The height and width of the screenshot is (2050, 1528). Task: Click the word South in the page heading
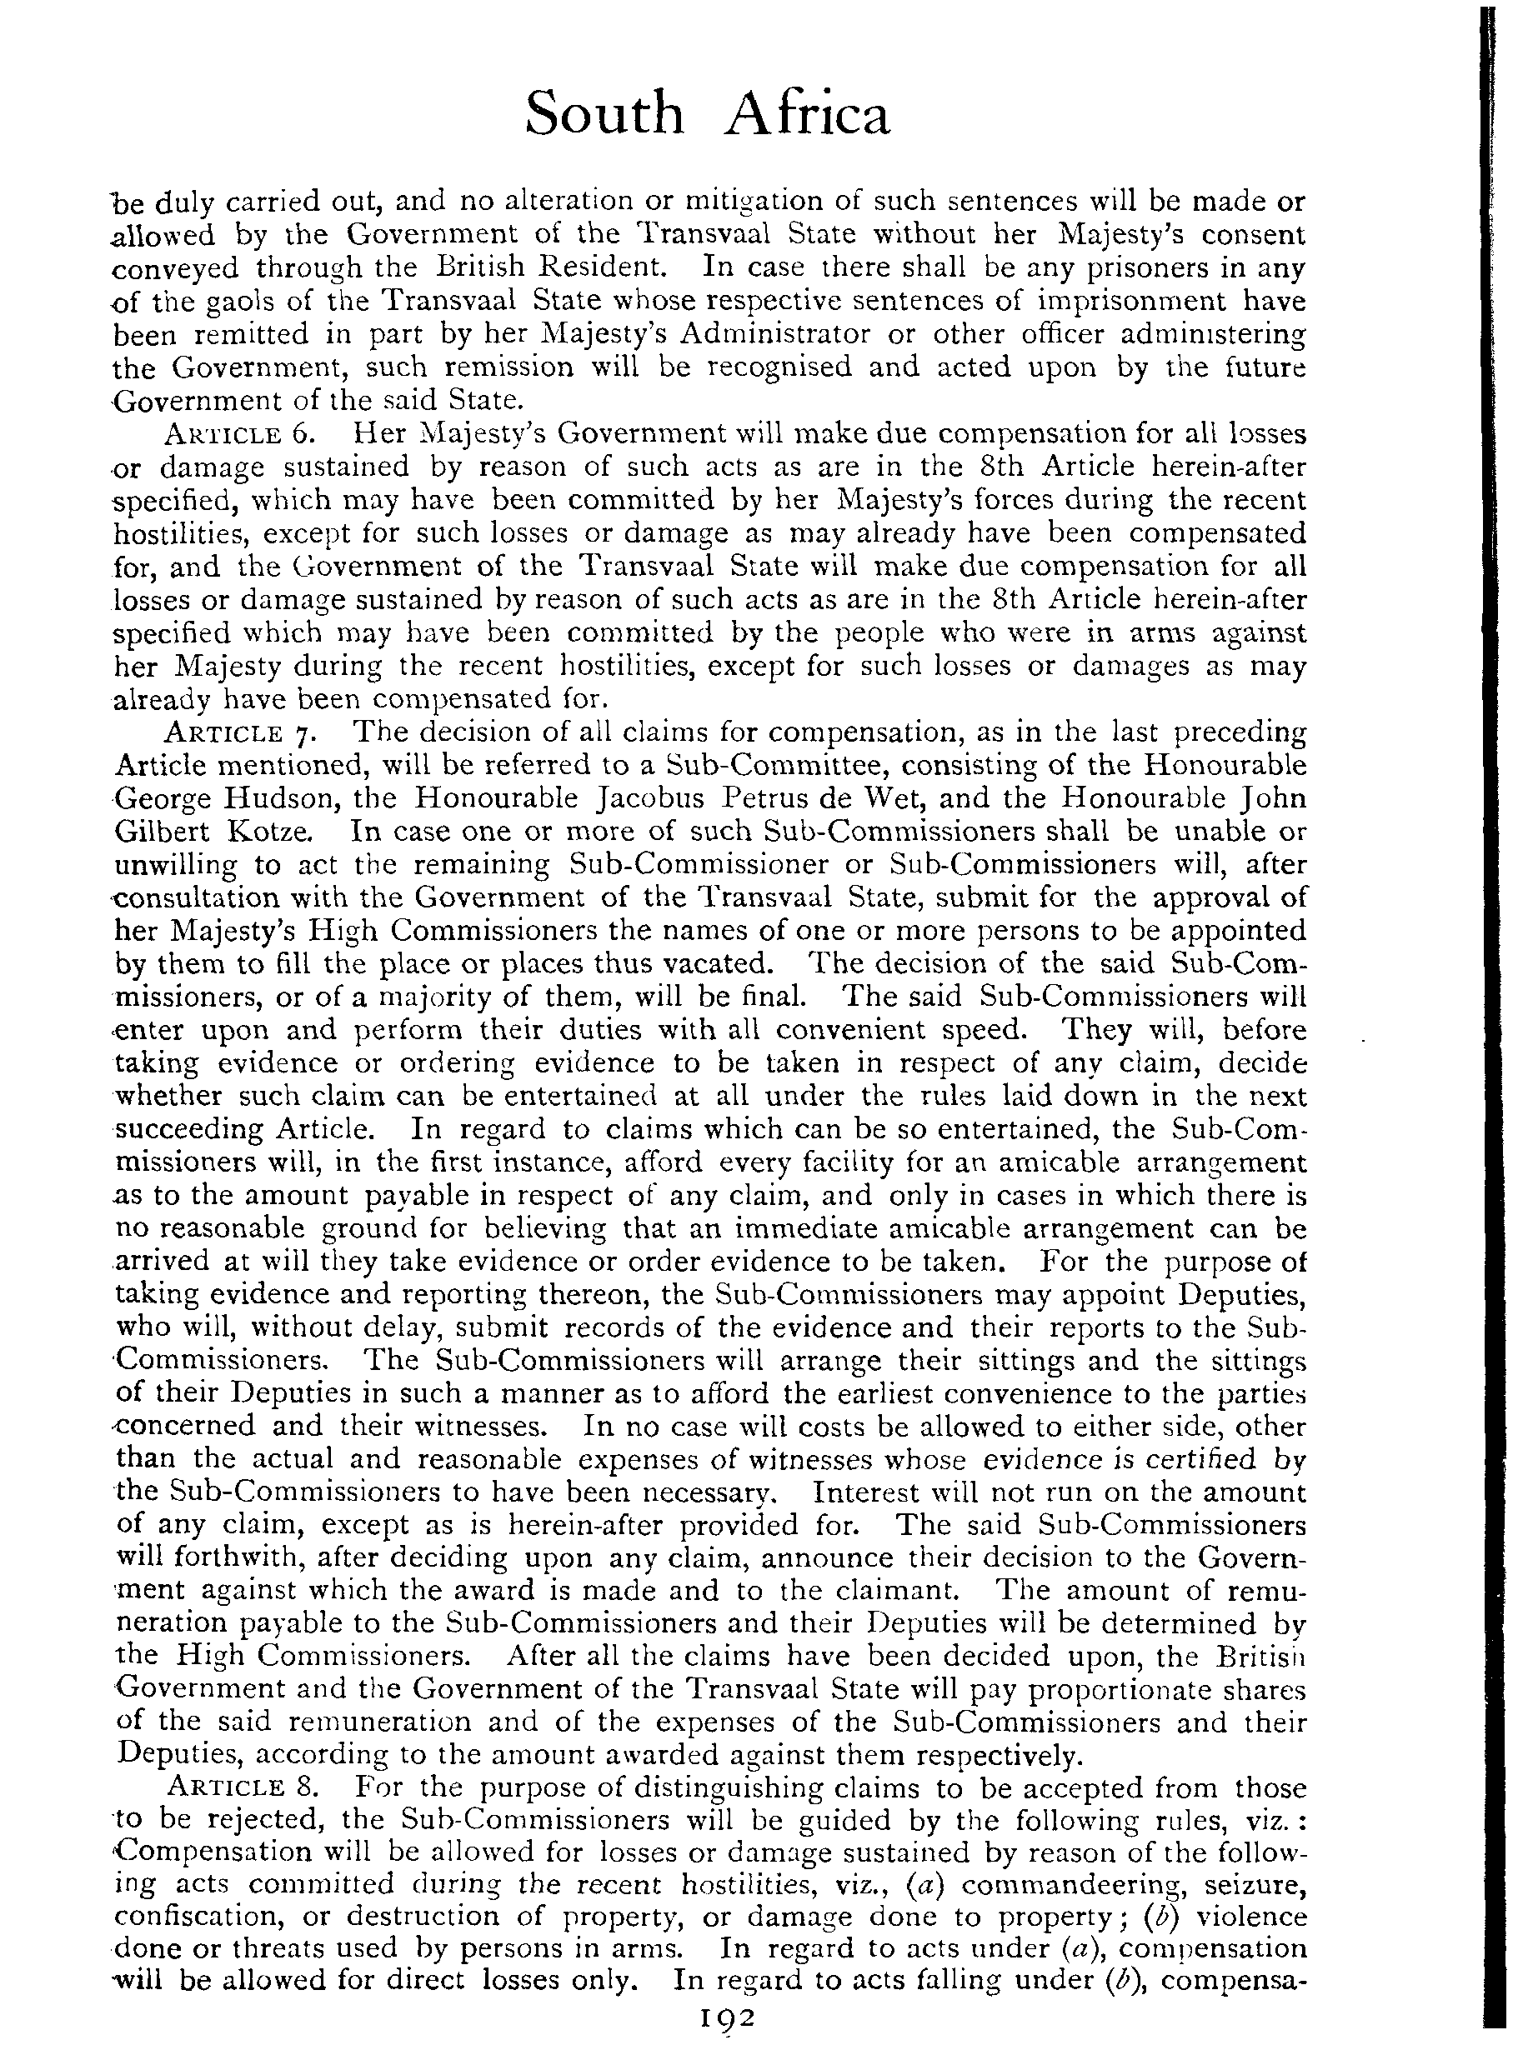coord(604,115)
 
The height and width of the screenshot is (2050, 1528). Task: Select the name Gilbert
coord(167,832)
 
